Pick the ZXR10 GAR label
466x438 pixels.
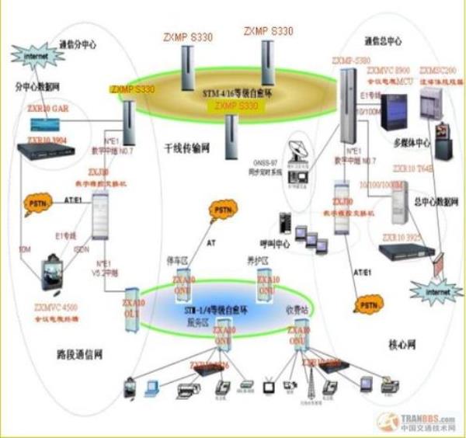point(47,111)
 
